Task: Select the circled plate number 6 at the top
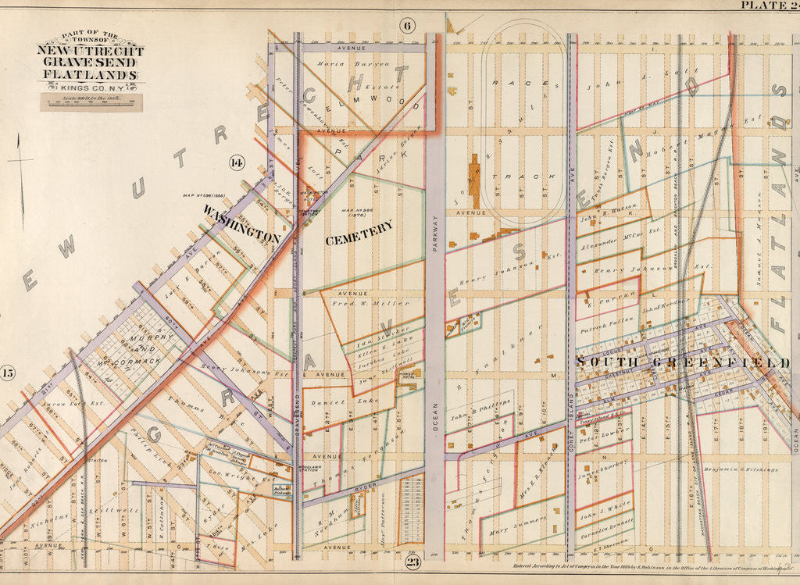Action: pos(407,25)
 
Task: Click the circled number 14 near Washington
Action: pos(236,162)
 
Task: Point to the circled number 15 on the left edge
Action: pos(8,373)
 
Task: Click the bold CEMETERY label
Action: pos(359,230)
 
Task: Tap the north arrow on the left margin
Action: pos(20,172)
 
